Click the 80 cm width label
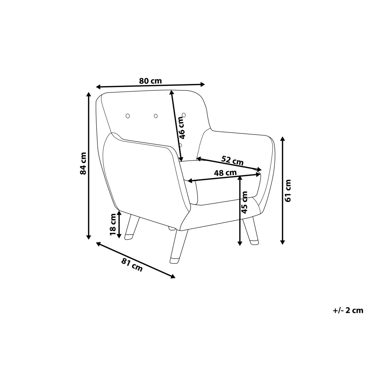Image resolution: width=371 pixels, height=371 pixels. click(150, 81)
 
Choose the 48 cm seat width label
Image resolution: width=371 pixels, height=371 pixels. click(225, 173)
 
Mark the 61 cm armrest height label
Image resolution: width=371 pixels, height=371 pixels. click(288, 191)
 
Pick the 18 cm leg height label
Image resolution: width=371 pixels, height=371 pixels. click(113, 225)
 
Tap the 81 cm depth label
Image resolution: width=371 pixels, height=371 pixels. click(132, 265)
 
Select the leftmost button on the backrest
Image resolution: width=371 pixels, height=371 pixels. click(128, 116)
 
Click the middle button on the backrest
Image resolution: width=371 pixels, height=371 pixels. click(156, 116)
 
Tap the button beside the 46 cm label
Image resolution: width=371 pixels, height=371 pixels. click(184, 115)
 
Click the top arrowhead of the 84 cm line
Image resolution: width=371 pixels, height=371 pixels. click(88, 94)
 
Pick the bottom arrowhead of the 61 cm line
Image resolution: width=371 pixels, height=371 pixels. click(283, 242)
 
